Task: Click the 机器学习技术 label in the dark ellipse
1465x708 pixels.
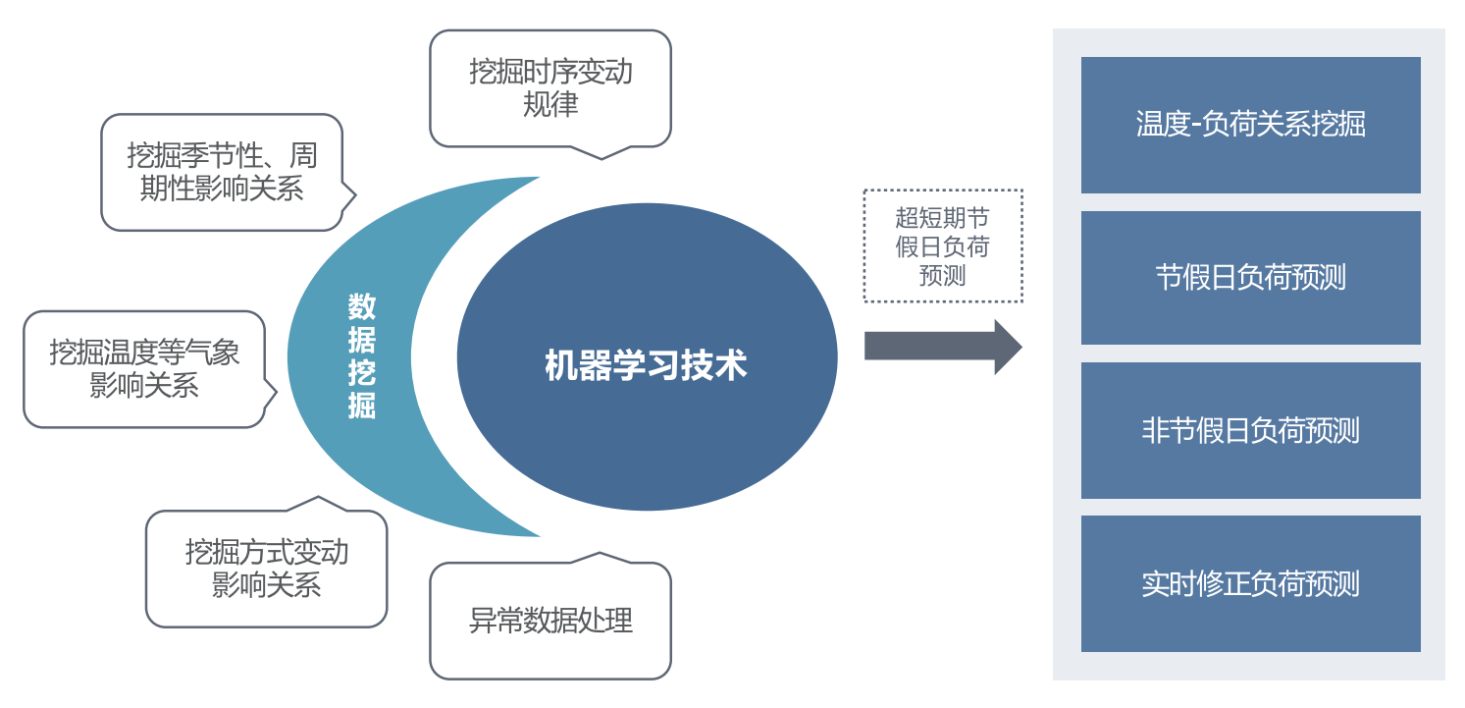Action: tap(646, 365)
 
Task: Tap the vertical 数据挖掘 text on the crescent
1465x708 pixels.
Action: tap(362, 355)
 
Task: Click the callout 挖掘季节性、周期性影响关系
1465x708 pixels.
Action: tap(222, 173)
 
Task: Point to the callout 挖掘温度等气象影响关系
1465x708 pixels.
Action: tap(144, 369)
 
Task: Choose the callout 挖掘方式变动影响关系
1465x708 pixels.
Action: tap(266, 569)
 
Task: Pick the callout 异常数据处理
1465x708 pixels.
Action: tap(550, 621)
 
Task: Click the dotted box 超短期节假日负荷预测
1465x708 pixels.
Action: tap(943, 245)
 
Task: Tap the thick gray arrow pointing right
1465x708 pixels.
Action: tap(942, 347)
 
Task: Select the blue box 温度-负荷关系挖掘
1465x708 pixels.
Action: tap(1250, 125)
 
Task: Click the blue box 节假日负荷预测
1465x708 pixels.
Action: tap(1250, 278)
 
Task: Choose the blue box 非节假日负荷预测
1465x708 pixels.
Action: tap(1250, 431)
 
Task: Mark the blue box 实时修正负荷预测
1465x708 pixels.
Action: tap(1250, 584)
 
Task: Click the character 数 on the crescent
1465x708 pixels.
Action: tap(362, 308)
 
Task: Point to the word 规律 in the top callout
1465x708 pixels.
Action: tap(550, 105)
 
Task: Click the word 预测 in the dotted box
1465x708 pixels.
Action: tap(943, 275)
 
